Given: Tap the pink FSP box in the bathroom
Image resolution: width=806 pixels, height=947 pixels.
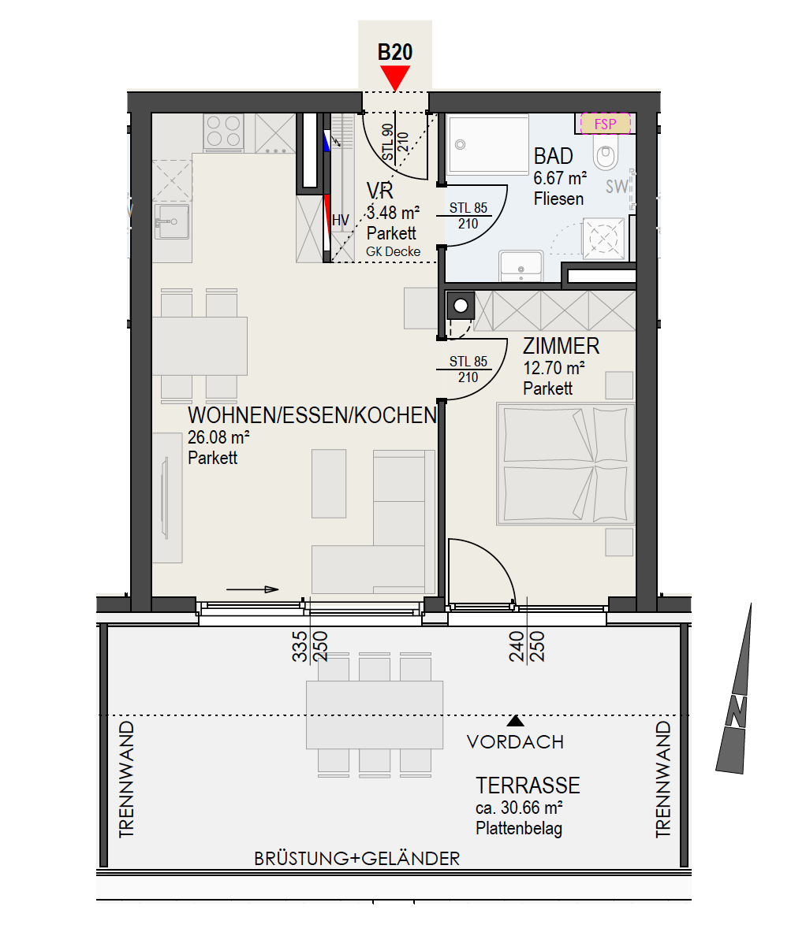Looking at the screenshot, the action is [x=605, y=124].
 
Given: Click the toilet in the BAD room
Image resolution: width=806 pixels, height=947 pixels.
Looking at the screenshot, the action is [x=606, y=153].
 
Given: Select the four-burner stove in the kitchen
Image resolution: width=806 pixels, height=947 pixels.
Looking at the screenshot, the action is [x=223, y=132].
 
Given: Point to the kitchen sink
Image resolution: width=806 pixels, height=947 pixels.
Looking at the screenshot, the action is [x=172, y=221].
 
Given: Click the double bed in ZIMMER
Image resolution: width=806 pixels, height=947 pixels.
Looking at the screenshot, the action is [x=565, y=463].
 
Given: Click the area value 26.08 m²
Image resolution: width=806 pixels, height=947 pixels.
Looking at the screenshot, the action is [x=218, y=437].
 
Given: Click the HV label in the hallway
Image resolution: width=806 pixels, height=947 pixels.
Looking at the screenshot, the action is [x=341, y=221].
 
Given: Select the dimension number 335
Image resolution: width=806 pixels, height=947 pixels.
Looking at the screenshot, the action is [x=300, y=647].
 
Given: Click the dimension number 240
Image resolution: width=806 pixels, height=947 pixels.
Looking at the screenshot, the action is [x=517, y=647].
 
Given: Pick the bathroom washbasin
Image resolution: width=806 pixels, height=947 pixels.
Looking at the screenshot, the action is [x=521, y=266].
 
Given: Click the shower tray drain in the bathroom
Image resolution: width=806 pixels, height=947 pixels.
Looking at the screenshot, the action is [x=460, y=145].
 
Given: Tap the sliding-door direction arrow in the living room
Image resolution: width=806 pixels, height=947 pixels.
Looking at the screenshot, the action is [x=252, y=589].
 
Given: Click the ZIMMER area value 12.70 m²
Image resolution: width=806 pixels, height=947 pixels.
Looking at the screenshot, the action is [x=554, y=367].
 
